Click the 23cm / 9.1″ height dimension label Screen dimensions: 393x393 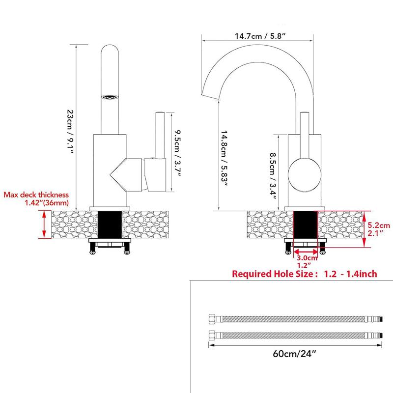pyautogui.click(x=70, y=132)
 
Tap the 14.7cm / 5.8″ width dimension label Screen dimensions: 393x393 pyautogui.click(x=260, y=36)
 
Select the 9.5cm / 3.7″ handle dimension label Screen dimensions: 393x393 pyautogui.click(x=177, y=153)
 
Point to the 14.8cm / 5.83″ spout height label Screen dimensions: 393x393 pyautogui.click(x=224, y=158)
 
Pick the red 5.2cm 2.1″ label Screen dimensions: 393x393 pyautogui.click(x=379, y=229)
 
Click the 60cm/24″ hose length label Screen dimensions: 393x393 pyautogui.click(x=294, y=354)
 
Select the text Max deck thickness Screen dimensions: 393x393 pyautogui.click(x=36, y=195)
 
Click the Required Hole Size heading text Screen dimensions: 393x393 pyautogui.click(x=273, y=274)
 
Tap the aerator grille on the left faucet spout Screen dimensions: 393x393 pyautogui.click(x=110, y=97)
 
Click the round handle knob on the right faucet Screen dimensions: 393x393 pyautogui.click(x=304, y=175)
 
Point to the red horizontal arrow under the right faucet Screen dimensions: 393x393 pyautogui.click(x=306, y=251)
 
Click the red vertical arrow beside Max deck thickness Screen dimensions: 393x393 pyautogui.click(x=44, y=224)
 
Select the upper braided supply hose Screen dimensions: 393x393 pyautogui.click(x=296, y=319)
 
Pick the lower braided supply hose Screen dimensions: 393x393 pyautogui.click(x=296, y=336)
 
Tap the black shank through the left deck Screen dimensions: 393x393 pyautogui.click(x=110, y=225)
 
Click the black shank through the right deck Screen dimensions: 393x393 pyautogui.click(x=305, y=225)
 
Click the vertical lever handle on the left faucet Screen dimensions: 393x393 pyautogui.click(x=160, y=136)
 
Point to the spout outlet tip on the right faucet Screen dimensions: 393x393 pyautogui.click(x=211, y=97)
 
